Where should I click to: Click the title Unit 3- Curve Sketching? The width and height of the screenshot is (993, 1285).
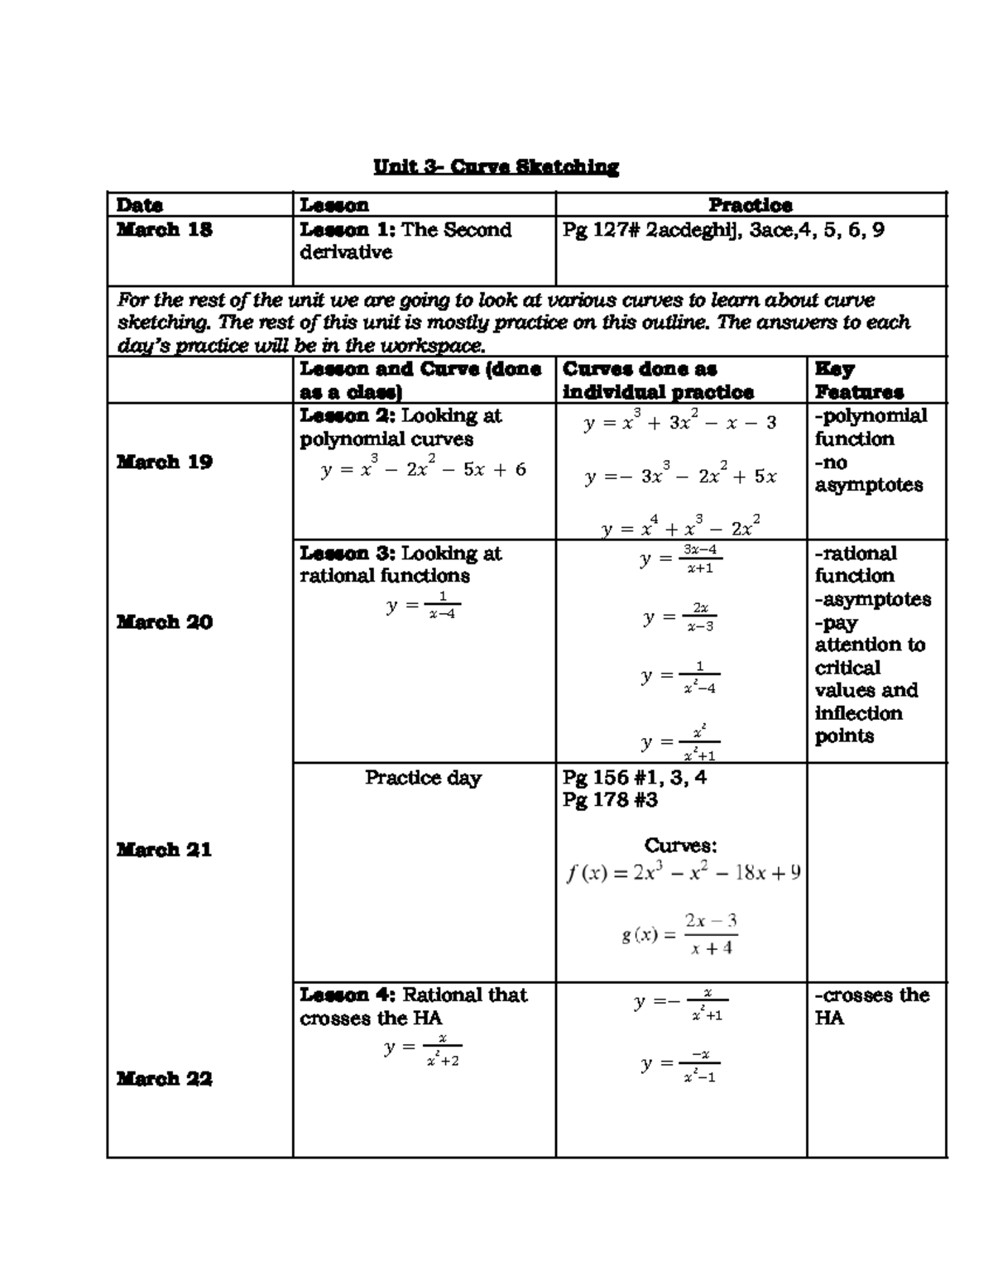tap(496, 167)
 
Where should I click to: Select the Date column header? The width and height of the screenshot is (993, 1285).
tap(139, 204)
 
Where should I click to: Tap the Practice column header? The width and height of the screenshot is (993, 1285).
tap(750, 204)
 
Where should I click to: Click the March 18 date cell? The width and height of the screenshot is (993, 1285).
tap(164, 230)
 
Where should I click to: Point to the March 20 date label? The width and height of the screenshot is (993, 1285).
tap(164, 621)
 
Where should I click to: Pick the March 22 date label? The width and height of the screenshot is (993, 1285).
tap(164, 1078)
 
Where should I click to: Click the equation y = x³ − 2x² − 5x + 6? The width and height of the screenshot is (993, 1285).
tap(423, 469)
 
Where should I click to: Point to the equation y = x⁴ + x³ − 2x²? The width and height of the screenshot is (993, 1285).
tap(680, 527)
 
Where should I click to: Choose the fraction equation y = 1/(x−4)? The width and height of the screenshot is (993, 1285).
tap(423, 607)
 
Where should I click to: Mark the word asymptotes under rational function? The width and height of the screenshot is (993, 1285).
tap(872, 599)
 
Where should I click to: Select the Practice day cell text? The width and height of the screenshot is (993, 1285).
tap(423, 778)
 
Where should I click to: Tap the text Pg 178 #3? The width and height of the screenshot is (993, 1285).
tap(610, 800)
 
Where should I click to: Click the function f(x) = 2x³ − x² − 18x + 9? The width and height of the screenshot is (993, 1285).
tap(683, 873)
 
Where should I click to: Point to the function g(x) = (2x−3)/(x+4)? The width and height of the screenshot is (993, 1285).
tap(680, 935)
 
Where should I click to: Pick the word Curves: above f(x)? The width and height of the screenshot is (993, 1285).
tap(680, 846)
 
